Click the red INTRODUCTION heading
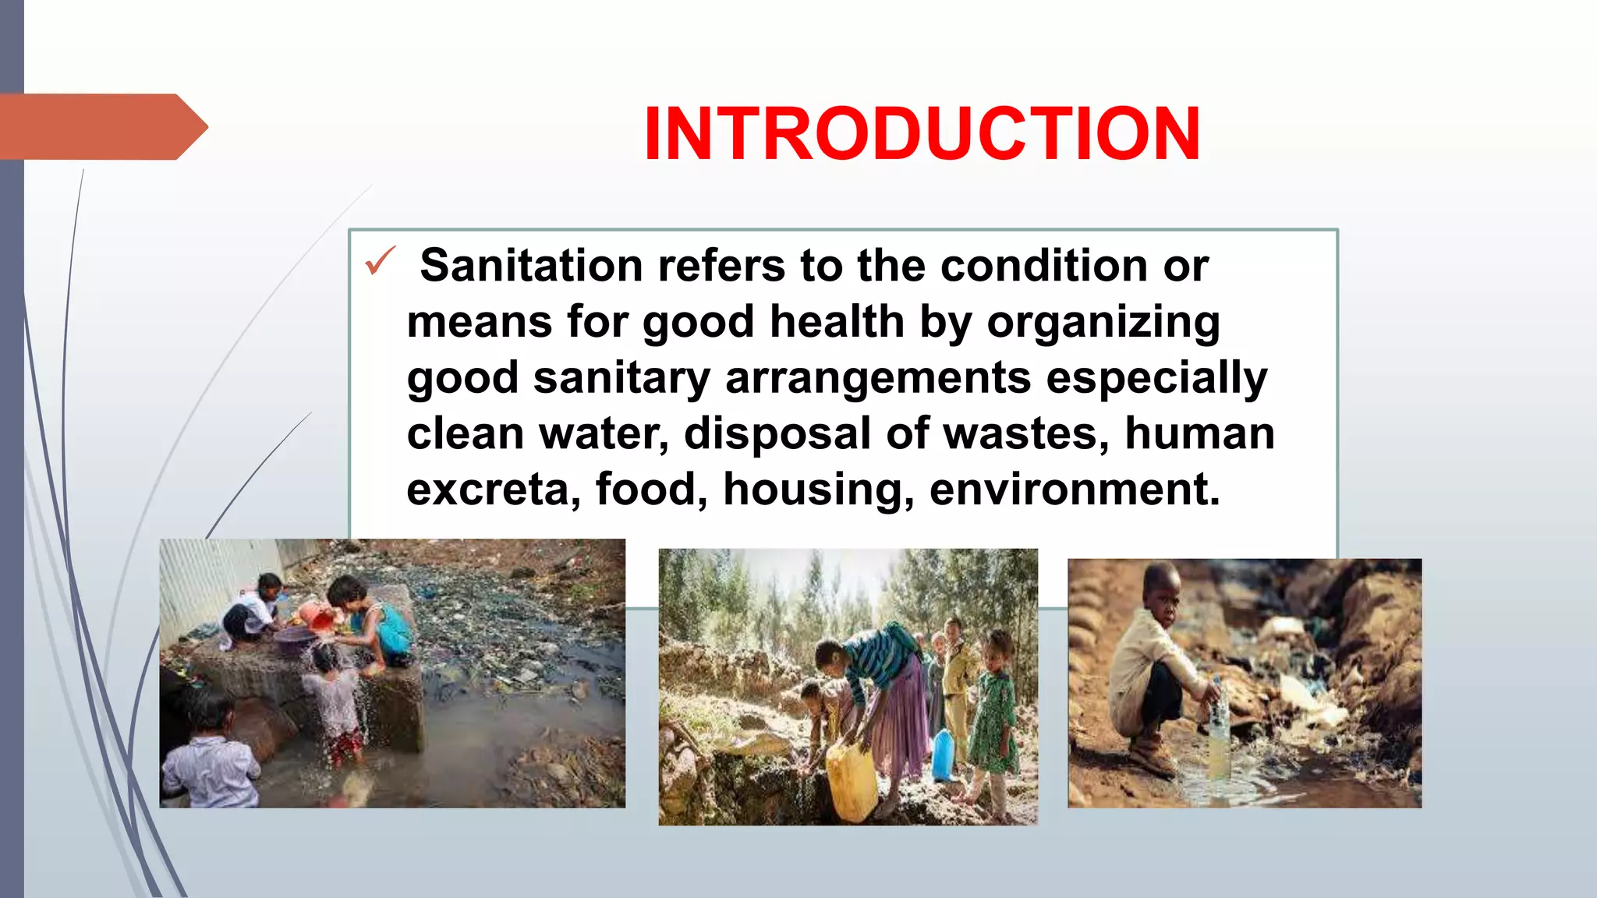[922, 134]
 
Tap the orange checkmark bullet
[380, 261]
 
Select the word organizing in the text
[1103, 323]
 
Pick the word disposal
[777, 433]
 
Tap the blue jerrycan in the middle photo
[943, 755]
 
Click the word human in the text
[1199, 433]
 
